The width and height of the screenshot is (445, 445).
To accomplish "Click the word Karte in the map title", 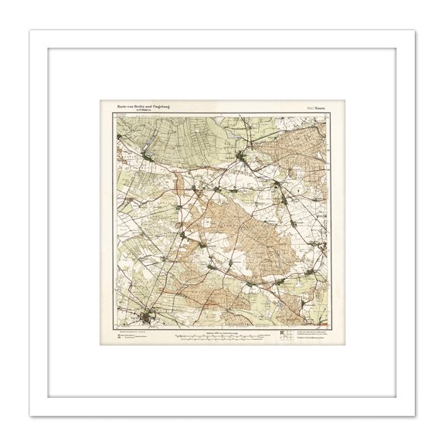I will click(122, 107).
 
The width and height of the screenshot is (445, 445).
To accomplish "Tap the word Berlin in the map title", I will click(144, 107).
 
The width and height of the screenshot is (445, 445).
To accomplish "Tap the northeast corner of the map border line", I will click(329, 115).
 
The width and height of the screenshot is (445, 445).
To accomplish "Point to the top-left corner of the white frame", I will click(30, 30).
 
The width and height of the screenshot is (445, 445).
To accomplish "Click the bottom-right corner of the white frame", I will click(415, 415).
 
